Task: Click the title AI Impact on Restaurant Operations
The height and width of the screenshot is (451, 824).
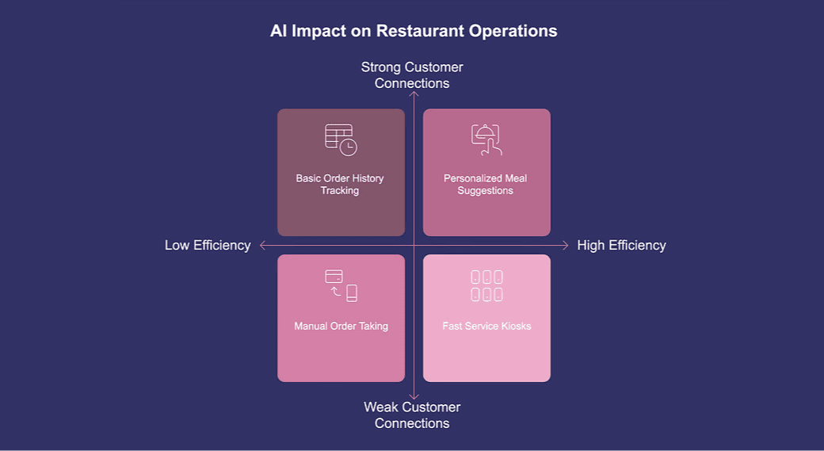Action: (414, 31)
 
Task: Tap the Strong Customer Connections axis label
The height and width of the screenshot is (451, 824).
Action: (412, 75)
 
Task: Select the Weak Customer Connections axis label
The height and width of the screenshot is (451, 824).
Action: (412, 415)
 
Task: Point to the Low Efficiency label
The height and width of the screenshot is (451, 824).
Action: (208, 245)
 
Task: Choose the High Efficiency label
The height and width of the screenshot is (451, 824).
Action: (621, 245)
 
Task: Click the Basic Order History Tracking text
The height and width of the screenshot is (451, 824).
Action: (340, 184)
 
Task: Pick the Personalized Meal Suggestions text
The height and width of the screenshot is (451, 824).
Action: (485, 184)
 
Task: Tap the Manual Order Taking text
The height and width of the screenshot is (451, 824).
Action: (341, 326)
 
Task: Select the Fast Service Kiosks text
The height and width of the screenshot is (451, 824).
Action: (486, 326)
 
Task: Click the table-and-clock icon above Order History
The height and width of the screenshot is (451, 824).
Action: (341, 140)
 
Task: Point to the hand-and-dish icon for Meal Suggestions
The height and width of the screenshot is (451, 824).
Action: (486, 140)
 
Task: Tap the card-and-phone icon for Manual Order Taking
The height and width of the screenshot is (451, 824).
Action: (341, 285)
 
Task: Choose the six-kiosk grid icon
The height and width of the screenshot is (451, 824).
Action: (486, 285)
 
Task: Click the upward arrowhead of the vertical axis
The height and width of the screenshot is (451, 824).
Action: (414, 94)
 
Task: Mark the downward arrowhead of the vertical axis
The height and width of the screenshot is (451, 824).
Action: (414, 396)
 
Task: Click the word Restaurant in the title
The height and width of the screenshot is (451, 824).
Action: (417, 31)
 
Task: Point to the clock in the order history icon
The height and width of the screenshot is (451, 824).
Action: (348, 147)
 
